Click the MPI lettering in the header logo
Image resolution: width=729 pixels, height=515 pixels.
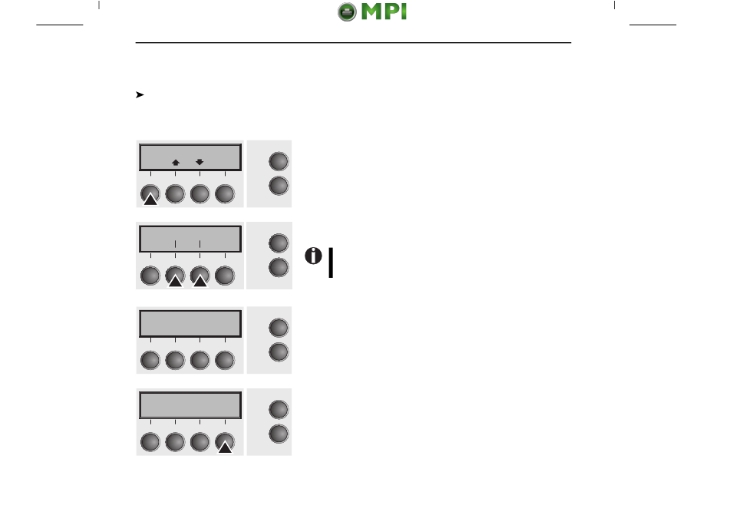tap(383, 13)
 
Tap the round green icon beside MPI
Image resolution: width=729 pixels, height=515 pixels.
tap(348, 13)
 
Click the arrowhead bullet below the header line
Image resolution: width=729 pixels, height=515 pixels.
tap(140, 95)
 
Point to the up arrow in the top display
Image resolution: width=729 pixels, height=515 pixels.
tap(175, 162)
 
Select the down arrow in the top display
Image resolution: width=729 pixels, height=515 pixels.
tap(200, 162)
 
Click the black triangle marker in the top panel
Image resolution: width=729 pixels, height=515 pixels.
tap(150, 200)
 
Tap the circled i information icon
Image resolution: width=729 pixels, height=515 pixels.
tap(313, 258)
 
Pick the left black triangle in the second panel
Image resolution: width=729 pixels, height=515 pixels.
tap(175, 282)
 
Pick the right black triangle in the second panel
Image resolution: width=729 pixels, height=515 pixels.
tap(200, 282)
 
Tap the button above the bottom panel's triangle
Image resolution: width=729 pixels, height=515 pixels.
tap(224, 441)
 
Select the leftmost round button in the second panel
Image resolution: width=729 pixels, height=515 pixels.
tap(150, 276)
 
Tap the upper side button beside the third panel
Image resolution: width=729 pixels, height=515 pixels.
tap(279, 328)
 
